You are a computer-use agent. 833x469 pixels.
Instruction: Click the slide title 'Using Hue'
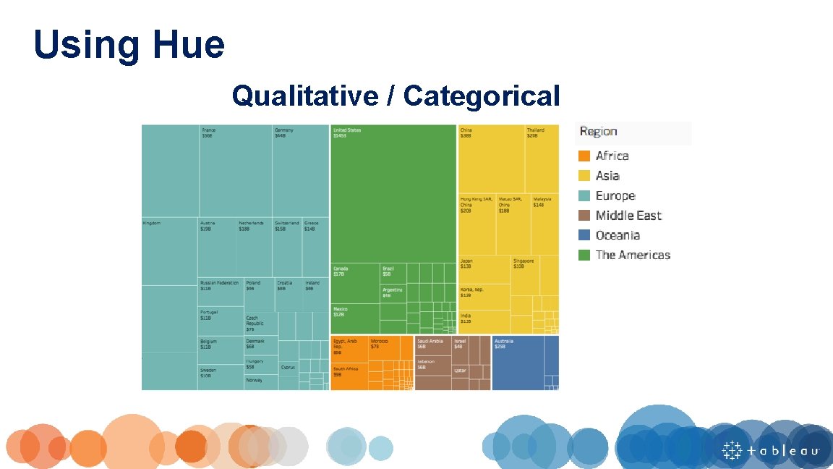click(129, 44)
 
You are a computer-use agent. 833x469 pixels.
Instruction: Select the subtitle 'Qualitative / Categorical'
click(396, 96)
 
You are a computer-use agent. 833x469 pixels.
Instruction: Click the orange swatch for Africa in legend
click(584, 156)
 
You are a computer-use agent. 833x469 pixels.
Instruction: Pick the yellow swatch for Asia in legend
click(584, 176)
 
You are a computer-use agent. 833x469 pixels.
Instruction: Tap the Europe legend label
click(615, 196)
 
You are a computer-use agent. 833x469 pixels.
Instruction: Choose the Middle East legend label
click(628, 216)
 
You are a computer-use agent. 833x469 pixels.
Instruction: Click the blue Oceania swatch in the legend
click(584, 235)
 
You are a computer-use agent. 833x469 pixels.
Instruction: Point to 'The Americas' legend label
click(633, 255)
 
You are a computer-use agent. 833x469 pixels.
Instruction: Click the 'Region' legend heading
click(598, 132)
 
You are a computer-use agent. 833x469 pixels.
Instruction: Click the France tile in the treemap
click(235, 170)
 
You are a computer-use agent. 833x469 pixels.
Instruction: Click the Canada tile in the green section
click(355, 283)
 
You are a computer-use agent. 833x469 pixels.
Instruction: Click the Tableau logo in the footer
click(770, 450)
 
